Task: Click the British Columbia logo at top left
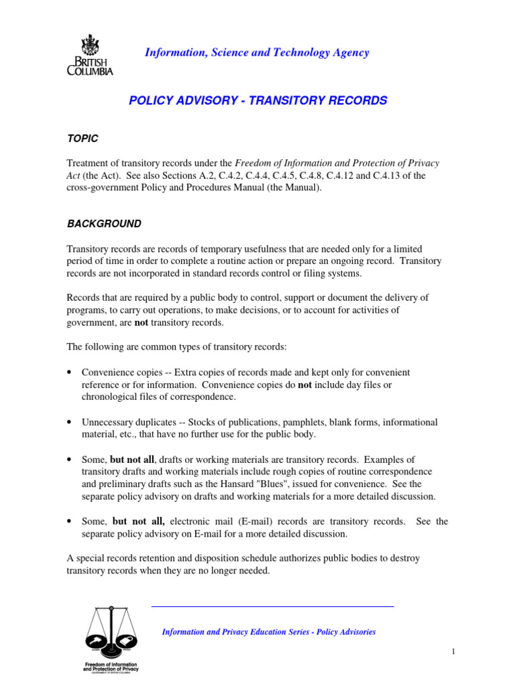pos(90,55)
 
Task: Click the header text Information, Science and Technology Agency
pos(257,53)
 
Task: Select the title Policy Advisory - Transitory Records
pos(257,100)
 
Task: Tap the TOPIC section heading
pos(82,138)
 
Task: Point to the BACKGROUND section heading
pos(103,224)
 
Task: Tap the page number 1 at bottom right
pos(453,652)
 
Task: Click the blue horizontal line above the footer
pos(272,606)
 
